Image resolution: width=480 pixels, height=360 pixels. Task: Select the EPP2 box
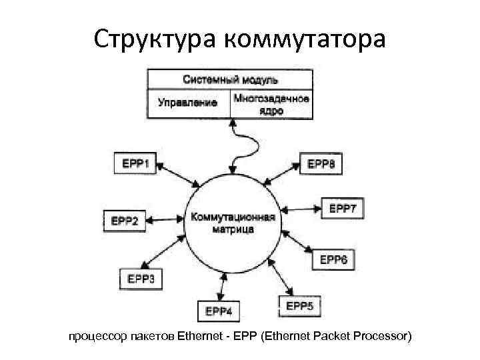click(124, 221)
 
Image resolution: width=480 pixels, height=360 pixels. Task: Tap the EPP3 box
click(139, 278)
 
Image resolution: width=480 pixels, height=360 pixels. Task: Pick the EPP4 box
click(218, 311)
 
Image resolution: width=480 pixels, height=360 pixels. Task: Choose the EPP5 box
click(299, 306)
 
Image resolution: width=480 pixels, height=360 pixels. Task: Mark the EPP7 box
click(344, 209)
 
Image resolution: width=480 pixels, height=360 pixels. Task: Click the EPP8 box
click(321, 163)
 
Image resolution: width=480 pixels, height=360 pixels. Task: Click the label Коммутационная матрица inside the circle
click(232, 223)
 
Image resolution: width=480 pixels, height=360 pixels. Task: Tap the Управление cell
click(188, 103)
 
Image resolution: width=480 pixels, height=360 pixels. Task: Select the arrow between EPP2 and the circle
click(164, 219)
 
